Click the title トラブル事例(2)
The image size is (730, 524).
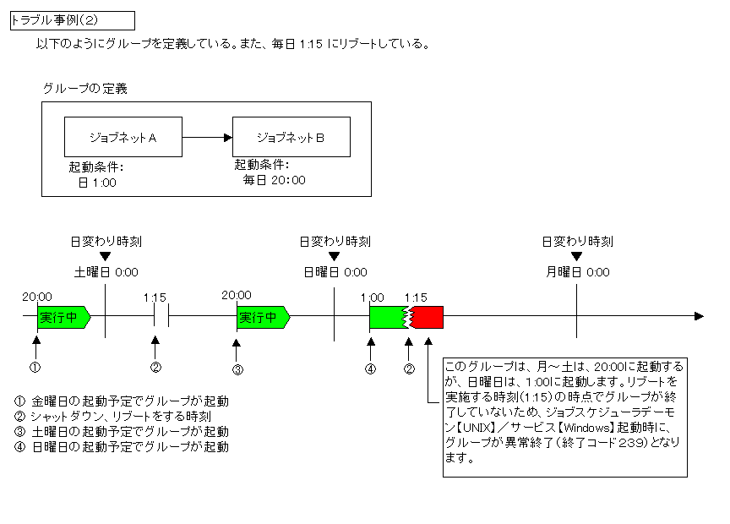(71, 20)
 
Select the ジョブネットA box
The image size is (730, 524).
(123, 136)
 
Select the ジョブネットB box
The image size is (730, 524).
(291, 136)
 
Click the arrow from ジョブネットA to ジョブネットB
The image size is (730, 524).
(207, 136)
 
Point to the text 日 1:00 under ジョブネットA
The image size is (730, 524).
(97, 182)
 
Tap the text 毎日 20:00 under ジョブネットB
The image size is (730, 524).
(274, 180)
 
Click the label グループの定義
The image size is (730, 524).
(85, 89)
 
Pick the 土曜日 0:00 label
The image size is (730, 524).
(106, 272)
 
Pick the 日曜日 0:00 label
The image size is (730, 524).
(335, 272)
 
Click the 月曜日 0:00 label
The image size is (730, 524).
(578, 272)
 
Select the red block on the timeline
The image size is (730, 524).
(428, 317)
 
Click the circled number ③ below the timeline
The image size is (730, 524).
(238, 369)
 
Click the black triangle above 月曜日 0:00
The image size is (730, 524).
(577, 257)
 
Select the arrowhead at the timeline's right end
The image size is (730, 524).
(698, 316)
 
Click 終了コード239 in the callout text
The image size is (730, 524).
(591, 442)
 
